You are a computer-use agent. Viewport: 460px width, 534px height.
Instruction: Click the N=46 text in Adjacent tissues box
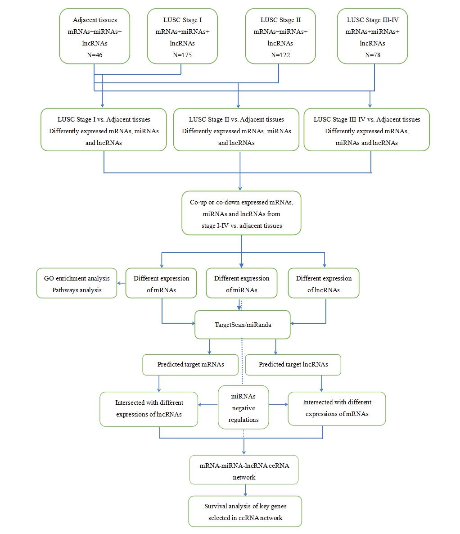[x=95, y=55]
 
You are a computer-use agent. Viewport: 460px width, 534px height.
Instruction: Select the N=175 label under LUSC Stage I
[x=182, y=55]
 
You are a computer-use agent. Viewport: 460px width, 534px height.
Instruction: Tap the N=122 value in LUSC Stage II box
[x=280, y=55]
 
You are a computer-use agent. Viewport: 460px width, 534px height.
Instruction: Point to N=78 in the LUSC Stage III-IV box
[x=372, y=55]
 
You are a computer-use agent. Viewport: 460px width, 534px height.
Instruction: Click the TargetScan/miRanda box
[x=243, y=325]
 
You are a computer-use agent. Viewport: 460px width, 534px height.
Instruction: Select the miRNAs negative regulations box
[x=244, y=408]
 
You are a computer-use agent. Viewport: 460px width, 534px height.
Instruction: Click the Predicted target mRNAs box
[x=190, y=364]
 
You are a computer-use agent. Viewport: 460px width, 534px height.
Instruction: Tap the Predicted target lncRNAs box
[x=293, y=364]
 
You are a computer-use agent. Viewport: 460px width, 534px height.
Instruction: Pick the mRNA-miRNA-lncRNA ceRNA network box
[x=244, y=471]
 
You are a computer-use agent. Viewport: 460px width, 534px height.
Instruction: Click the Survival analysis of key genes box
[x=245, y=512]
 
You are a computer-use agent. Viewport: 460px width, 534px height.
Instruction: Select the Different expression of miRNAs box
[x=241, y=284]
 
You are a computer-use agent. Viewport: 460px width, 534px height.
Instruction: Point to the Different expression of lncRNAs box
[x=324, y=284]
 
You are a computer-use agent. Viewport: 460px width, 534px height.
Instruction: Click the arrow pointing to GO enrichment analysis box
[x=121, y=283]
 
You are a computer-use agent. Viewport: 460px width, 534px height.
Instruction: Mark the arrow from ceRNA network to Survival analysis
[x=245, y=490]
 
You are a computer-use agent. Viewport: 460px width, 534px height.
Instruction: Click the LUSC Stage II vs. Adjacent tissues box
[x=236, y=131]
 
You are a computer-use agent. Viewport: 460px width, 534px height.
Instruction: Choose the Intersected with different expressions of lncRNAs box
[x=149, y=408]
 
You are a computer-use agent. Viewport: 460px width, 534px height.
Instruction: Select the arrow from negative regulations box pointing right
[x=278, y=404]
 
